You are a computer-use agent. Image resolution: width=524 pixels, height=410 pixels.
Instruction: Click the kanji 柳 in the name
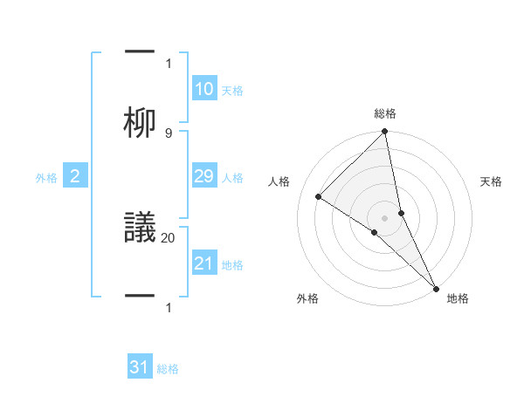(140, 123)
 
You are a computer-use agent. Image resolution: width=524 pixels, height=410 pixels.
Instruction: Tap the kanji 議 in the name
(140, 228)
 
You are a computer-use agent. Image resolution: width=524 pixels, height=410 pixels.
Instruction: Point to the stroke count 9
(169, 133)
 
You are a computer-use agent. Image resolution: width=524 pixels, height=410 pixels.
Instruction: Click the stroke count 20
(169, 236)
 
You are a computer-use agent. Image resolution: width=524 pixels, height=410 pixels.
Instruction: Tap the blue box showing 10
(204, 89)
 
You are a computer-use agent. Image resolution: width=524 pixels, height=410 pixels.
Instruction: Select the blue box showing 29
(204, 176)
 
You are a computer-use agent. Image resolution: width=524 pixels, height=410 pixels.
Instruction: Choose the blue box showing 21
(204, 263)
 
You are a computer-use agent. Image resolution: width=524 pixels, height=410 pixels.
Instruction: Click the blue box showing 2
(75, 177)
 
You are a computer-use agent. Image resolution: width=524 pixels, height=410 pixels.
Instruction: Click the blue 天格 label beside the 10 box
(232, 91)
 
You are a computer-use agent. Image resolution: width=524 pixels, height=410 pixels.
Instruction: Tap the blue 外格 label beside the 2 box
(46, 178)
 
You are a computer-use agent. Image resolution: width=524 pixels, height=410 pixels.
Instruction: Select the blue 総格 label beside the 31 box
(168, 369)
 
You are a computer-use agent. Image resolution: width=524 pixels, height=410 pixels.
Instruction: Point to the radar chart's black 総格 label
(385, 114)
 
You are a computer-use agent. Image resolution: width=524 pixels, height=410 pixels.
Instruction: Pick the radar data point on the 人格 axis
(319, 197)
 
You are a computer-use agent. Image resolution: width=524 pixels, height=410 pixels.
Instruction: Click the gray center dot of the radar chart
(385, 217)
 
